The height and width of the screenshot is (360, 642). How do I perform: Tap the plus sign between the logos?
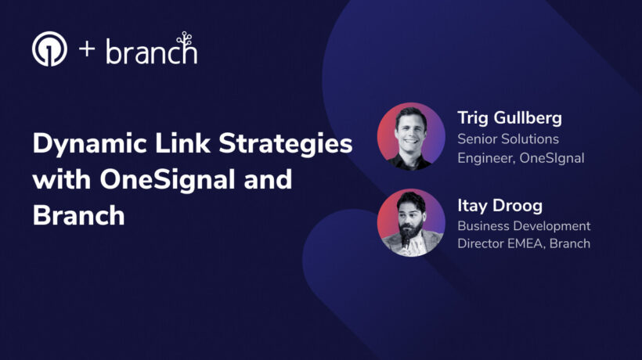pos(87,52)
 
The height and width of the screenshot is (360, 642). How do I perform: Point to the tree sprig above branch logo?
pos(184,38)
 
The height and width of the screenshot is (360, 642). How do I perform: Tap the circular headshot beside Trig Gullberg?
pos(411,136)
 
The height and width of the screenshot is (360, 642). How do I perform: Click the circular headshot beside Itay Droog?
pos(411,222)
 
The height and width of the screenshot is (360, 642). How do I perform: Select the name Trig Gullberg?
pos(510,119)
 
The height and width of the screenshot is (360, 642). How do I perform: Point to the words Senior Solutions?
pos(508,139)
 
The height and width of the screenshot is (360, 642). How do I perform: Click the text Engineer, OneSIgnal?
pos(521,157)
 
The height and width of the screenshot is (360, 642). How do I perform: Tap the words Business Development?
pos(524,226)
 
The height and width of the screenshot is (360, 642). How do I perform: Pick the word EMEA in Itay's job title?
pos(526,243)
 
